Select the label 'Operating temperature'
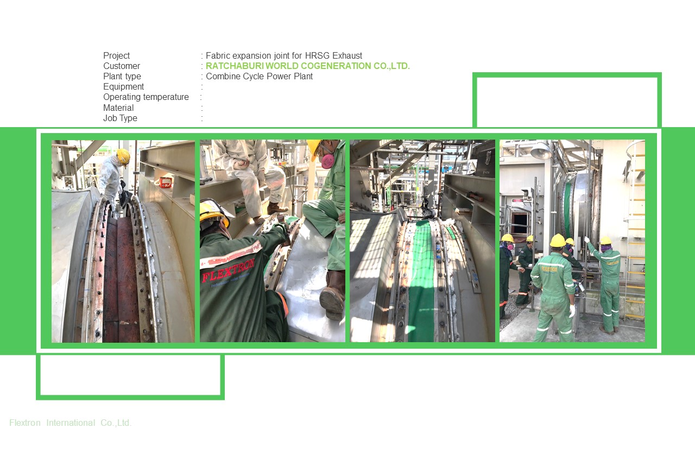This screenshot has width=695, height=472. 146,97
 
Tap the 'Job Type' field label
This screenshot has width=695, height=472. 120,118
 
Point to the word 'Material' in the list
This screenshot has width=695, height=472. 118,108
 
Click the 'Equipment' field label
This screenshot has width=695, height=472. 124,87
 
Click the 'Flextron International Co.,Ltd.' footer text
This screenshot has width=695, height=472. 71,423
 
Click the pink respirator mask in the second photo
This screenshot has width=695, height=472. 327,160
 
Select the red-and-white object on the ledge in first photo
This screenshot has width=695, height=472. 166,182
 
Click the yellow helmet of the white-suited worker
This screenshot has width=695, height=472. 124,156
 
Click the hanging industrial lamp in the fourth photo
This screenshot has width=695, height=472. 541,150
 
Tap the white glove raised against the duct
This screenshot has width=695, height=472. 587,240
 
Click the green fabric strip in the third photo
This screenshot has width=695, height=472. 421,282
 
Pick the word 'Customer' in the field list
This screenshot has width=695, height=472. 122,66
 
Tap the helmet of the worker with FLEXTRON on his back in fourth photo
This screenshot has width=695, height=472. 558,241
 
